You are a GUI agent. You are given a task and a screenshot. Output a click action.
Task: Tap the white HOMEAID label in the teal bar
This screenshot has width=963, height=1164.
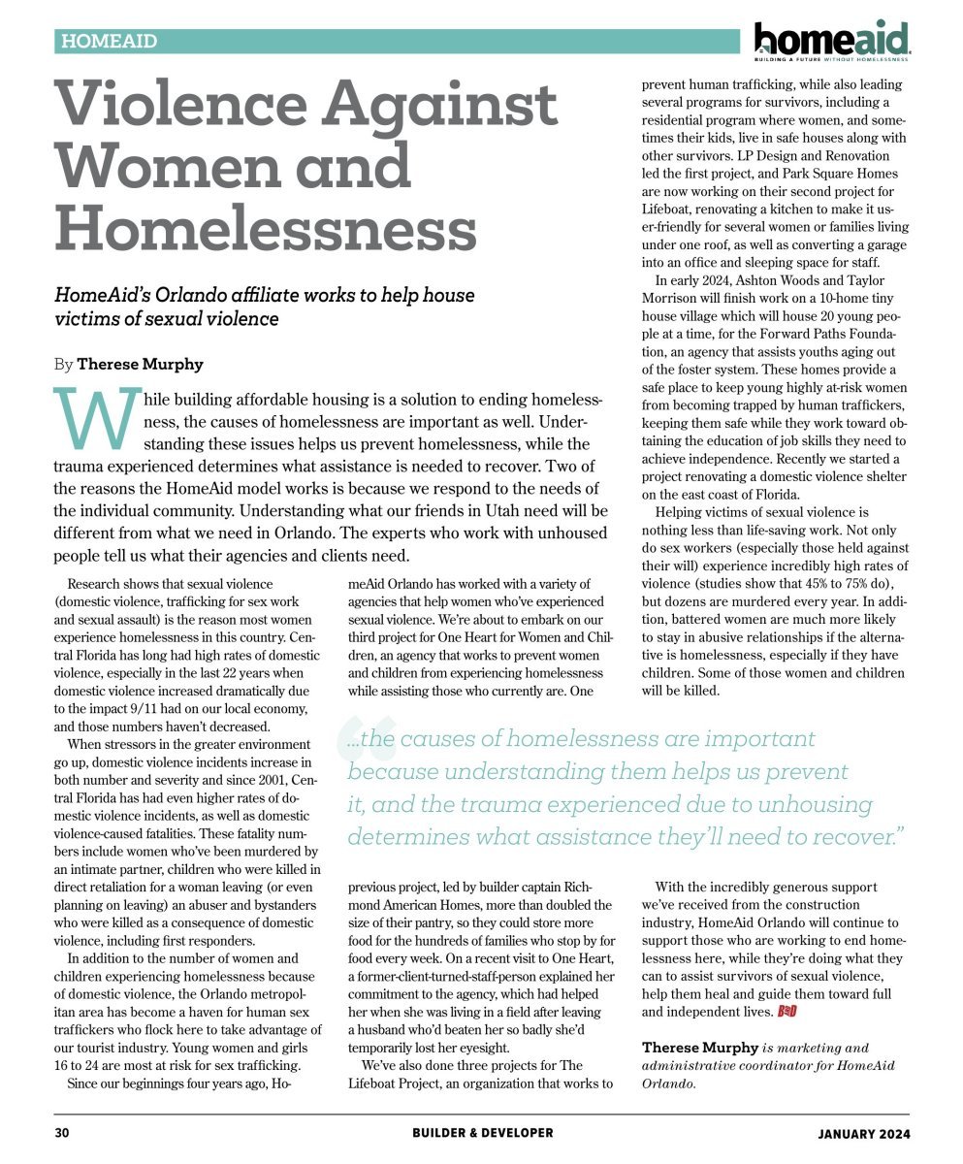pos(109,42)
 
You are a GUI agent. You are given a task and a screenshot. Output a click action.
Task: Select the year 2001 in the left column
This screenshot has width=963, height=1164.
pos(267,781)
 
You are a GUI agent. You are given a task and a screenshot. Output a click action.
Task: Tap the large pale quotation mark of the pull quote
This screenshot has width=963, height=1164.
pos(364,741)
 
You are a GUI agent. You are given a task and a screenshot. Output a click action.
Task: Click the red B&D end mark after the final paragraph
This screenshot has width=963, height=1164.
pos(788,1013)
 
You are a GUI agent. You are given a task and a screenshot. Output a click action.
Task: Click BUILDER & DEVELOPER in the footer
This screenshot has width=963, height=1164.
pos(482,1132)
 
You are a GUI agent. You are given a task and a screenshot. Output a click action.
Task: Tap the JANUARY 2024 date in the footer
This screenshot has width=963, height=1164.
pos(863,1132)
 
